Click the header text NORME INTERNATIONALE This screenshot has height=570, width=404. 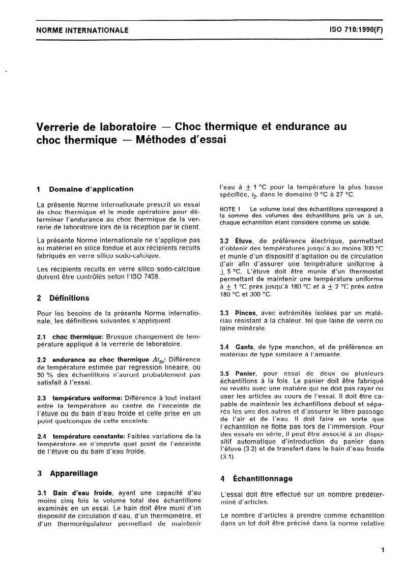click(x=82, y=31)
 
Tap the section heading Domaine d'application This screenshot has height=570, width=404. click(x=92, y=189)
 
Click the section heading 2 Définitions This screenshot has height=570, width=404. click(x=64, y=298)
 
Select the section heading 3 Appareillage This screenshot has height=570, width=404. click(x=67, y=473)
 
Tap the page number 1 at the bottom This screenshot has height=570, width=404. click(x=382, y=549)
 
